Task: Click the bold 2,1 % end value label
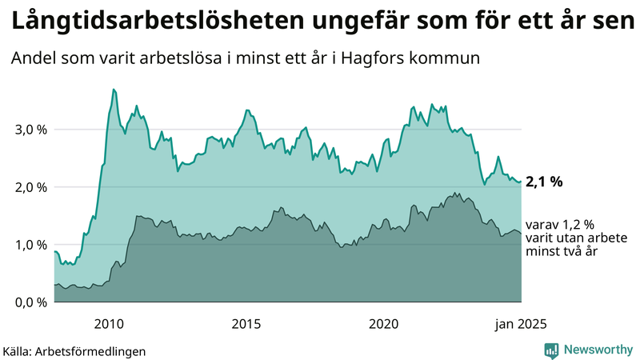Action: click(544, 182)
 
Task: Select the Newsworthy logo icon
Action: click(551, 350)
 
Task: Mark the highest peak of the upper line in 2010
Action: click(114, 89)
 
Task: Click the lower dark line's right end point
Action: click(522, 234)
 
